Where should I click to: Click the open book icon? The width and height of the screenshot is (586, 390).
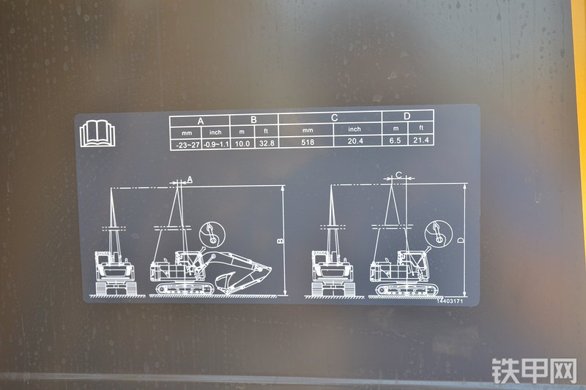pyautogui.click(x=97, y=133)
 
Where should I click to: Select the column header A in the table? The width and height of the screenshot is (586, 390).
pyautogui.click(x=201, y=121)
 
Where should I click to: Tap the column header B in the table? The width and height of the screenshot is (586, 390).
pyautogui.click(x=253, y=119)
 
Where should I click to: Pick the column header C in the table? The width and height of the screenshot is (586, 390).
pyautogui.click(x=335, y=118)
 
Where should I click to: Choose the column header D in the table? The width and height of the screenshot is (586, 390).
pyautogui.click(x=407, y=116)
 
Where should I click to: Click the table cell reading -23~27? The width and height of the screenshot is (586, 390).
pyautogui.click(x=188, y=145)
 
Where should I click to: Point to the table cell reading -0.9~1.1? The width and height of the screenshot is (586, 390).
pyautogui.click(x=216, y=144)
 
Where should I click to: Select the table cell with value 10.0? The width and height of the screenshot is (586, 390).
pyautogui.click(x=242, y=143)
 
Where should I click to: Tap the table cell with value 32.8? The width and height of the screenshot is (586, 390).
pyautogui.click(x=267, y=143)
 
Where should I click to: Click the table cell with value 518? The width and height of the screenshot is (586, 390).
pyautogui.click(x=308, y=142)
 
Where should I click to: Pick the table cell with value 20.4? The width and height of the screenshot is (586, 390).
pyautogui.click(x=355, y=141)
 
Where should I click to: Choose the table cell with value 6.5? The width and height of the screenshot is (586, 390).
pyautogui.click(x=395, y=140)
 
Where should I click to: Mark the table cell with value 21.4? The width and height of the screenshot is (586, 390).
pyautogui.click(x=420, y=140)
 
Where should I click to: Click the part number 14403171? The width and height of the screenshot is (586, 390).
pyautogui.click(x=450, y=301)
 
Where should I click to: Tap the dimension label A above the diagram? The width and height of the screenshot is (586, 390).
pyautogui.click(x=190, y=179)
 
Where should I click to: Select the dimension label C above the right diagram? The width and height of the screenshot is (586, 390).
pyautogui.click(x=398, y=175)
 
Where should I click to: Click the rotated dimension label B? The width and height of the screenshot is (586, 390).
pyautogui.click(x=281, y=241)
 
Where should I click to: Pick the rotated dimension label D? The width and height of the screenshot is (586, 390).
pyautogui.click(x=461, y=240)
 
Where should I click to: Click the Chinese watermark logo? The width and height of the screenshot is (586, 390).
pyautogui.click(x=535, y=371)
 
